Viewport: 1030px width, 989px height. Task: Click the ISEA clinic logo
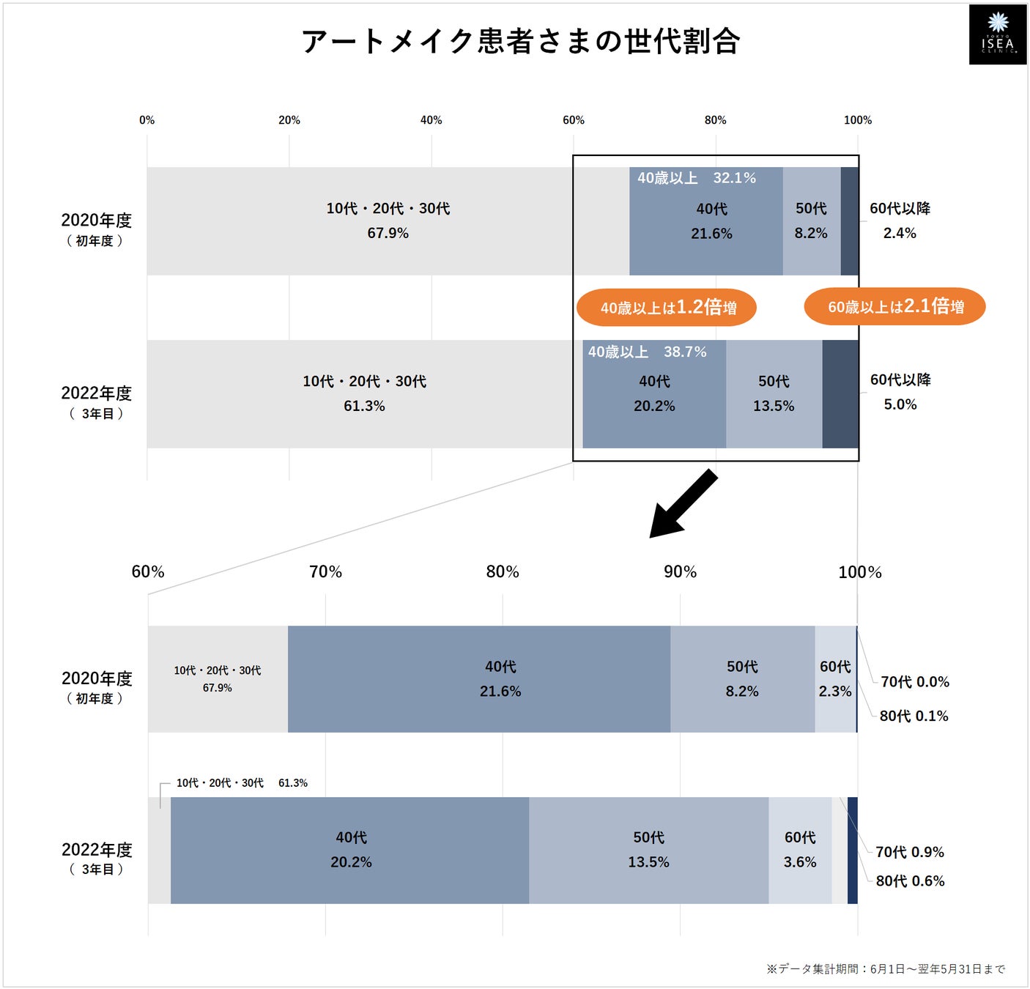pos(998,34)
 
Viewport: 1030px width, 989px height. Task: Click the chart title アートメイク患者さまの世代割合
pos(520,41)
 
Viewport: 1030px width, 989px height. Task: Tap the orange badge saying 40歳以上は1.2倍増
pos(667,308)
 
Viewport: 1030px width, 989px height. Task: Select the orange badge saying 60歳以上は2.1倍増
pos(894,307)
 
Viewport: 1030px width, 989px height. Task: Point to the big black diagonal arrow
pos(683,505)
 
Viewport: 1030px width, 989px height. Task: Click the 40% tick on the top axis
pos(431,120)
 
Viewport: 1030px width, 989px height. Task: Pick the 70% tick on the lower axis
pos(325,572)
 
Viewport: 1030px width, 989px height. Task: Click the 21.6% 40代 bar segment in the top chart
pos(705,221)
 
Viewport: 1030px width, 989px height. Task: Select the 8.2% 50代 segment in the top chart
pos(811,221)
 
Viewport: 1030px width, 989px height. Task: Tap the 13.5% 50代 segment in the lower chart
pos(648,850)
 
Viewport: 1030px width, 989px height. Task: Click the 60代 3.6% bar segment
pos(800,850)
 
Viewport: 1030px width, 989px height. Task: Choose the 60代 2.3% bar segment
pos(835,679)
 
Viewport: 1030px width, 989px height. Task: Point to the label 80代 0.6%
pos(910,881)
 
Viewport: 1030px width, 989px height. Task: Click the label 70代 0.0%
pos(914,681)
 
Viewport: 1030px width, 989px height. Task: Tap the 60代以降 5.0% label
pos(900,392)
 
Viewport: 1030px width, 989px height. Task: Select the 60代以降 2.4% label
pos(900,221)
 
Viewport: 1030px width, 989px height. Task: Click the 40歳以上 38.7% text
pos(647,352)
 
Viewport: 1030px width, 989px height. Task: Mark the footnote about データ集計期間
pos(886,968)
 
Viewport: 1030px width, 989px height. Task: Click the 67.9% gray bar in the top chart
pos(388,221)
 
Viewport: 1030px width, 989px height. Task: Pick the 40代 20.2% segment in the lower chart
pos(350,850)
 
